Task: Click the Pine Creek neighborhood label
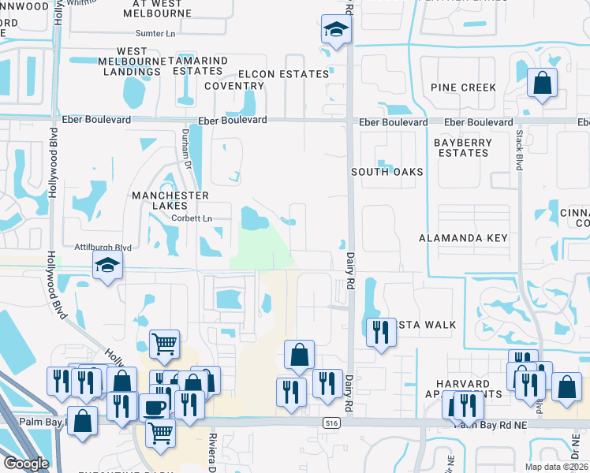point(463,88)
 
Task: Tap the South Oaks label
point(387,171)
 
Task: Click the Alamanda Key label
point(463,237)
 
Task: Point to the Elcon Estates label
point(283,74)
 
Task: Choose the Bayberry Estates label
point(463,147)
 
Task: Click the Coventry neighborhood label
point(233,86)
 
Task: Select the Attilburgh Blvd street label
point(103,247)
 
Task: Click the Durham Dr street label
point(188,149)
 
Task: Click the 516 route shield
point(330,423)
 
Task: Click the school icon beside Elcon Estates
point(335,31)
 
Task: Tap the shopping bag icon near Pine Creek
point(543,83)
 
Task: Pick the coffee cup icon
point(154,407)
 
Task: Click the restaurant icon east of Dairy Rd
point(380,331)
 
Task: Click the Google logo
point(26,463)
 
